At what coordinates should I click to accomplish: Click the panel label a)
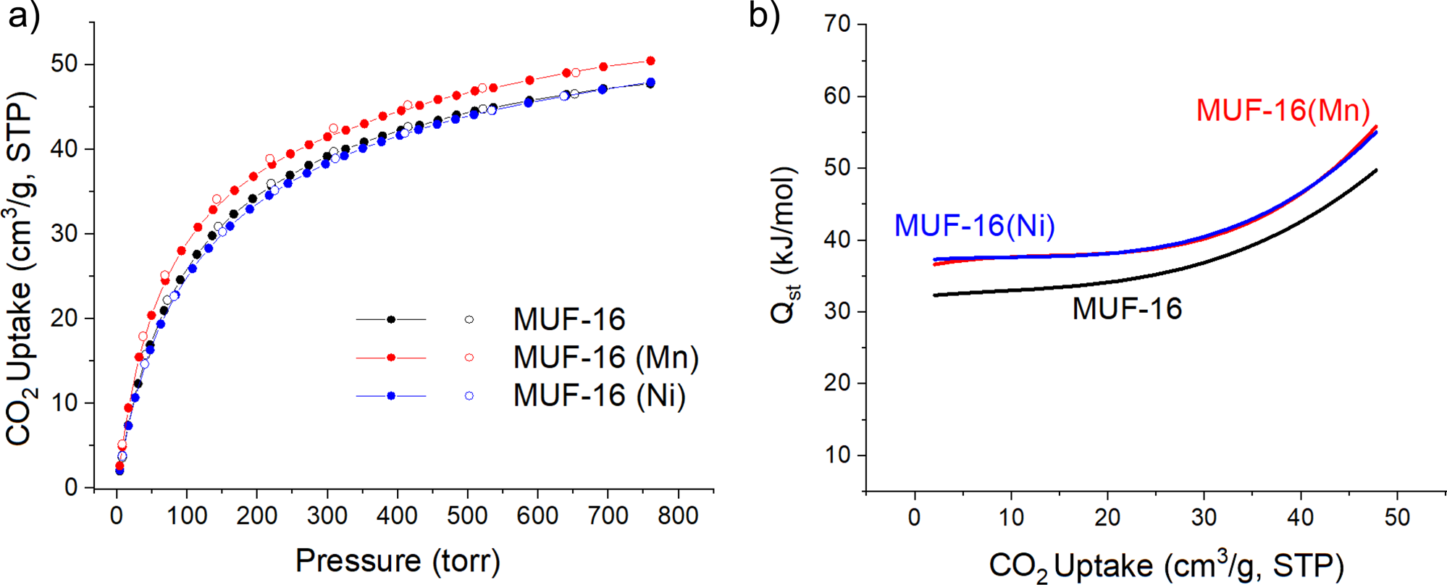(x=23, y=16)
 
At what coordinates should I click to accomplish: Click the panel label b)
(x=764, y=16)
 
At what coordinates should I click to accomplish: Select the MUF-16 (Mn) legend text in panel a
(x=606, y=358)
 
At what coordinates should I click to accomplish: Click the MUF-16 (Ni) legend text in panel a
(x=599, y=396)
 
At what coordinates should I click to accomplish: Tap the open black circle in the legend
(x=469, y=319)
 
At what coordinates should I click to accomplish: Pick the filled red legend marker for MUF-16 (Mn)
(x=391, y=358)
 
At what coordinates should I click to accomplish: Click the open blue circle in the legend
(x=469, y=396)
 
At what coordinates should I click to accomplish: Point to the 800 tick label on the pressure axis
(x=678, y=515)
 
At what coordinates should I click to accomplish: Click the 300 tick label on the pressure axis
(x=327, y=515)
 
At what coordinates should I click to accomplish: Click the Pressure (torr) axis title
(x=398, y=561)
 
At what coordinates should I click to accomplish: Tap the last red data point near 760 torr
(x=650, y=61)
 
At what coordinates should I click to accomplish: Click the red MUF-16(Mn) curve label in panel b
(x=1283, y=111)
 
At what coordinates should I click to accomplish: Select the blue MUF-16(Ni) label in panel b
(x=974, y=226)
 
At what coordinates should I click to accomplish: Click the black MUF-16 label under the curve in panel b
(x=1127, y=309)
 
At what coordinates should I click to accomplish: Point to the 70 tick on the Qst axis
(x=838, y=25)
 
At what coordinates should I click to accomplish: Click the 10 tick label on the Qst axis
(x=838, y=455)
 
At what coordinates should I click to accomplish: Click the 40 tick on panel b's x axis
(x=1300, y=518)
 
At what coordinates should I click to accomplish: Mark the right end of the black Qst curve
(x=1375, y=170)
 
